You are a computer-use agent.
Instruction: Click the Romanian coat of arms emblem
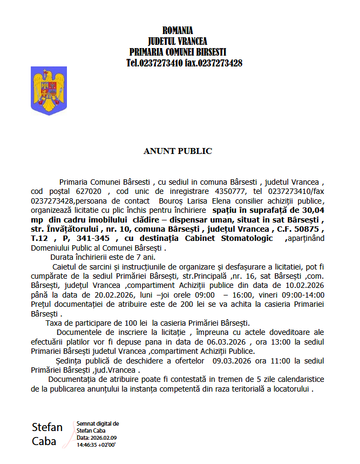click(49, 90)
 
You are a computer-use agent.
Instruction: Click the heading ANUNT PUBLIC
click(178, 151)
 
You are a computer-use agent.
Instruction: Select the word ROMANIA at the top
click(178, 30)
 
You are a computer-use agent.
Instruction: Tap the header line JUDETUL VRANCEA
click(178, 41)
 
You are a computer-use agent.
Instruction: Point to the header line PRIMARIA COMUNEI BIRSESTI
click(178, 52)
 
